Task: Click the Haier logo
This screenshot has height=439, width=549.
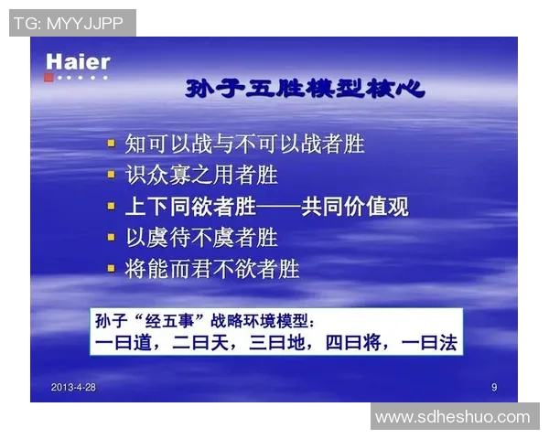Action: tap(78, 62)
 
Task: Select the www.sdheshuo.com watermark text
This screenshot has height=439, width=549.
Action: tap(453, 416)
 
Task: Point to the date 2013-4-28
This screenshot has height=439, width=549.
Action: tap(74, 388)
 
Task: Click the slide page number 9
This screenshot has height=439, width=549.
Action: tap(494, 388)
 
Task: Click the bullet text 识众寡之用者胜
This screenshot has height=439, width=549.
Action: tap(200, 175)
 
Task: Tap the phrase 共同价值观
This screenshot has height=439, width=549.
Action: tap(356, 207)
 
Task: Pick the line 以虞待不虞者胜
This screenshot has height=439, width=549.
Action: tap(200, 238)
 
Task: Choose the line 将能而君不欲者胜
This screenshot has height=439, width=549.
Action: tap(211, 269)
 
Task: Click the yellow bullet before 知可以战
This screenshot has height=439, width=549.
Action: tap(111, 144)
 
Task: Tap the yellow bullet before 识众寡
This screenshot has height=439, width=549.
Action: tap(111, 175)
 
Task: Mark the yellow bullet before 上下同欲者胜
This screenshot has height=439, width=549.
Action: tap(111, 207)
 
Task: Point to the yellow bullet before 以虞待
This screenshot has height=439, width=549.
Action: tap(111, 238)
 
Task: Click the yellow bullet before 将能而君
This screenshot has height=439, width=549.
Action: tap(111, 269)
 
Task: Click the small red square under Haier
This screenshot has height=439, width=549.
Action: tap(48, 78)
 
